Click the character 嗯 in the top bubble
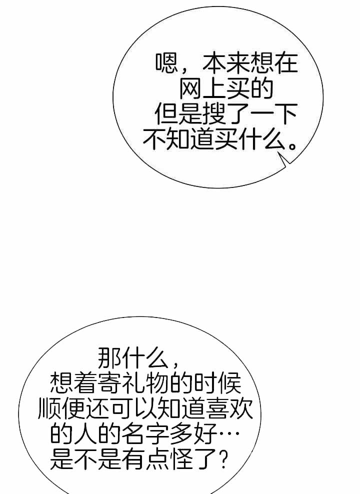click(167, 63)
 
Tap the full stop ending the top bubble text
click(293, 146)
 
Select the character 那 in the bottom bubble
click(109, 358)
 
